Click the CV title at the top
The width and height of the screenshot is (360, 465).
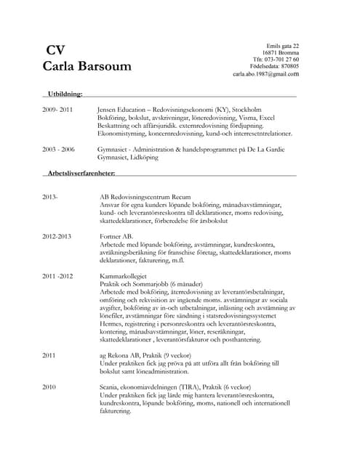coord(55,50)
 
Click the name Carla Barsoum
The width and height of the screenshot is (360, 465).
coord(87,67)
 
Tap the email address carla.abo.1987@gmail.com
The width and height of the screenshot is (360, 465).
coord(265,74)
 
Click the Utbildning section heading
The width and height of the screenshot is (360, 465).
coord(65,94)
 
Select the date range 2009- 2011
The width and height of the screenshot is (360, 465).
coord(57,110)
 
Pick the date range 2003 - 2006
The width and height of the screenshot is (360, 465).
coord(58,149)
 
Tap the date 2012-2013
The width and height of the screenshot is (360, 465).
coord(57,237)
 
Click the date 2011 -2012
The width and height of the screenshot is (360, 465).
coord(57,277)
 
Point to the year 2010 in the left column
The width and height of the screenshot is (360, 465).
coord(49,388)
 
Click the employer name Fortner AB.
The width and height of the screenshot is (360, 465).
coord(116,237)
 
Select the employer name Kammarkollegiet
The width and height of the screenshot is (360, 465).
coord(125,277)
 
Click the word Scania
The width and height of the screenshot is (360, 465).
coord(111,388)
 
